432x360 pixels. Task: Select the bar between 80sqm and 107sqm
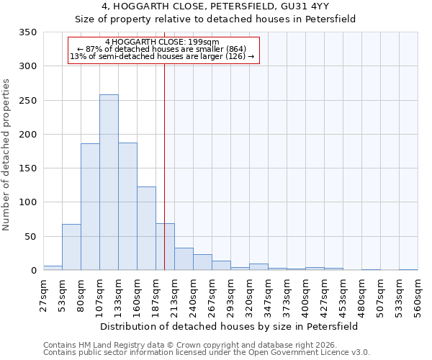(x=90, y=207)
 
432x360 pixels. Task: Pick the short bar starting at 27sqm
(x=53, y=268)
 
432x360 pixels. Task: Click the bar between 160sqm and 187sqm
(x=146, y=228)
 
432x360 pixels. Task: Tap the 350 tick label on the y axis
(x=28, y=32)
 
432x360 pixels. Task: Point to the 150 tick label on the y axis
(x=28, y=168)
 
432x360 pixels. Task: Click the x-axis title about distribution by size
(x=229, y=326)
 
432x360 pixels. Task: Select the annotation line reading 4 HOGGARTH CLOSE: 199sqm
(x=162, y=42)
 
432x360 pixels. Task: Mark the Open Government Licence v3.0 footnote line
(x=207, y=353)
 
